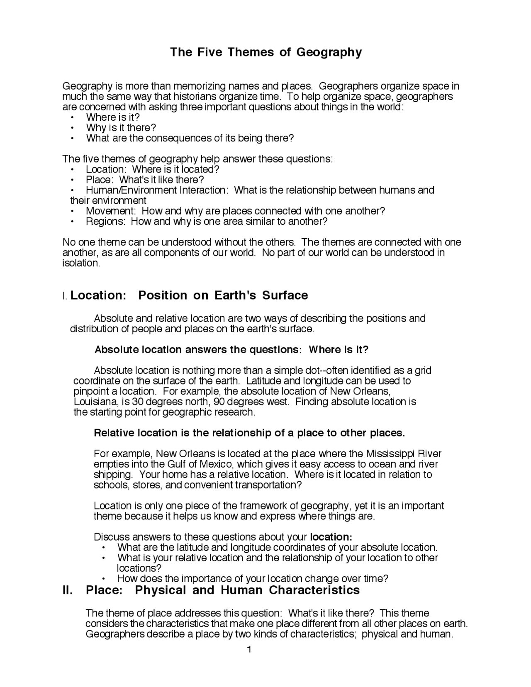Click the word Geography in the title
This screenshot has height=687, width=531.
click(x=329, y=52)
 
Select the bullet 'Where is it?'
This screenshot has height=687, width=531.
click(x=112, y=117)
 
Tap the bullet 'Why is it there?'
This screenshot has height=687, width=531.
click(x=121, y=128)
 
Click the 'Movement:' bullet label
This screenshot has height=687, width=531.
click(x=110, y=211)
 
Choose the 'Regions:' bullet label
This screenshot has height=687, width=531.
click(x=105, y=222)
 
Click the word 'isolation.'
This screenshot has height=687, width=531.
click(x=81, y=263)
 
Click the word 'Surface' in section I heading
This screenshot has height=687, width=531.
click(x=285, y=295)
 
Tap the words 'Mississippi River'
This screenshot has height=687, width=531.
click(x=404, y=454)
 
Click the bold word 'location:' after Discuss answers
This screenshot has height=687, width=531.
click(x=331, y=537)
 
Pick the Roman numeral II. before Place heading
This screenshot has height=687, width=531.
click(x=67, y=590)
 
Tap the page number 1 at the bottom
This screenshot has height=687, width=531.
click(x=249, y=649)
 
